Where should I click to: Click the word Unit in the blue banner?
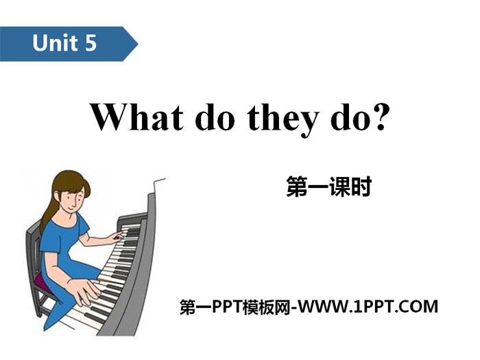click(x=55, y=43)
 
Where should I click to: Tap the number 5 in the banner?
click(x=91, y=43)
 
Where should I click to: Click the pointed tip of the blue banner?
click(x=138, y=44)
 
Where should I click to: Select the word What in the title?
click(x=137, y=117)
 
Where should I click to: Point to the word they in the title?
click(x=283, y=119)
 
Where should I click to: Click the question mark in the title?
click(x=381, y=117)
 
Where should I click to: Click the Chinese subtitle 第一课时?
click(x=329, y=186)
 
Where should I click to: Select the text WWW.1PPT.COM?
click(x=368, y=307)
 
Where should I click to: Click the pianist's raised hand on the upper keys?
click(x=116, y=237)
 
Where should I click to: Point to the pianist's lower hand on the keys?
click(x=84, y=291)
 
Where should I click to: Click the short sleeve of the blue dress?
click(x=81, y=226)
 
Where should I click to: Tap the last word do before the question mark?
click(x=350, y=117)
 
